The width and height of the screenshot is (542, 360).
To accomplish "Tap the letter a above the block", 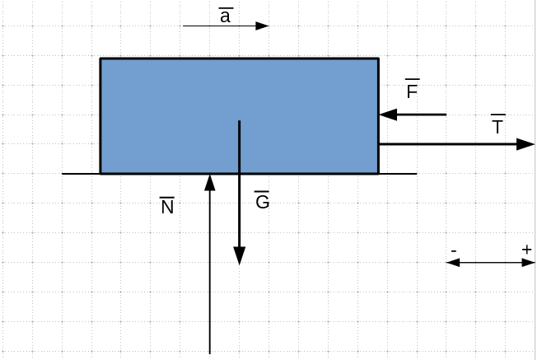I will (225, 16).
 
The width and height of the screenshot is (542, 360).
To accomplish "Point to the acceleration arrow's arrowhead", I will (262, 26).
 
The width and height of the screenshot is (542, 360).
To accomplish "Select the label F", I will (412, 91).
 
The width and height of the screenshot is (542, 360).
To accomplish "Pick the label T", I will (498, 128).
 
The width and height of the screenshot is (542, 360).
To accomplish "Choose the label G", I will (262, 201).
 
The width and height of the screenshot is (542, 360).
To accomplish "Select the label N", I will (167, 207).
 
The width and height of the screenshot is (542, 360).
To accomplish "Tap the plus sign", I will (526, 250).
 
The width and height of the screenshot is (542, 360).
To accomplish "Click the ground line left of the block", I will (81, 174).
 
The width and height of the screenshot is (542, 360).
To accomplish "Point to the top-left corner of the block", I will (100, 58).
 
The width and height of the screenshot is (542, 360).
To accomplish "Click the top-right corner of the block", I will (378, 58).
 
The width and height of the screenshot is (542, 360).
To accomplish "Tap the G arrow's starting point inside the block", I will (239, 122).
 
